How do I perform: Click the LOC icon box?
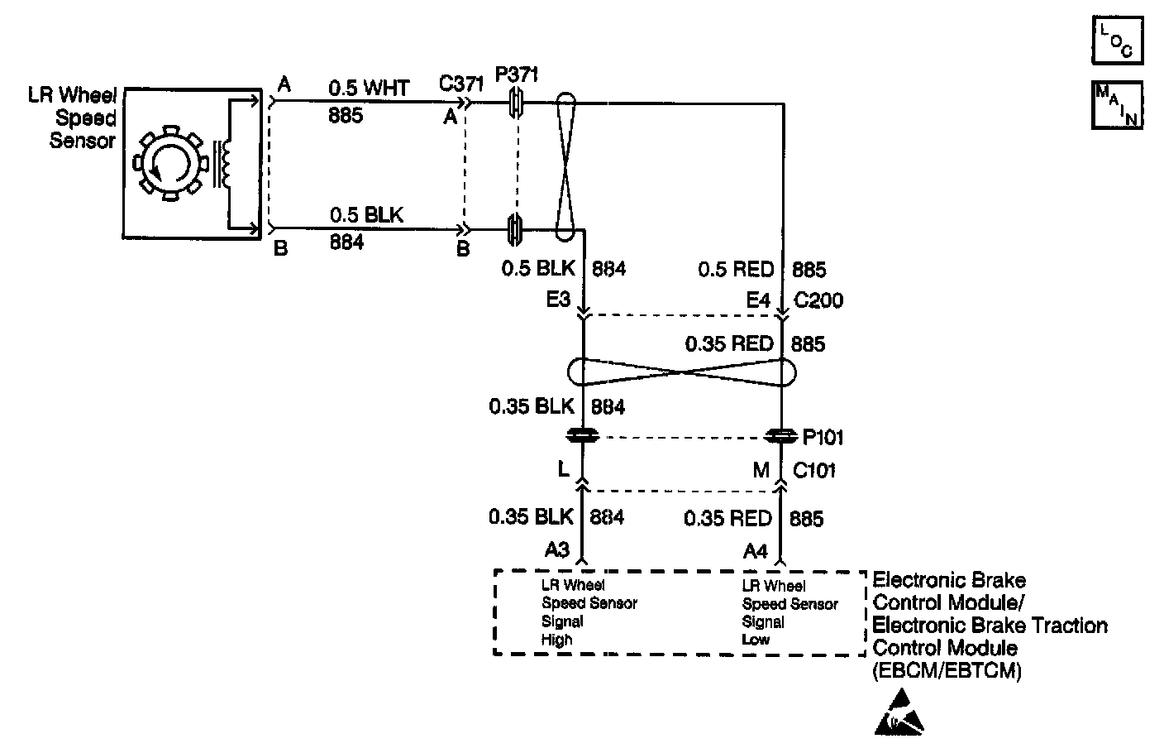coord(1117,40)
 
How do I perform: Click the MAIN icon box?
coord(1117,104)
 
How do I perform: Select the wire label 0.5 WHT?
coord(369,88)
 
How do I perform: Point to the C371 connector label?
coord(460,84)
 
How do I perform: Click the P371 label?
coord(517,75)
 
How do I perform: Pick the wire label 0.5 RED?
coord(736,270)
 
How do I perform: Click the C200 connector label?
coord(818,300)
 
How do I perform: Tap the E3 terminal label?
coord(558,300)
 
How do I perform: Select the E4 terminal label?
coord(758,300)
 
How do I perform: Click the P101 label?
coord(823,437)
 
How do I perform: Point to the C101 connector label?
coord(814,471)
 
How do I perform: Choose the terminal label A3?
coord(557,550)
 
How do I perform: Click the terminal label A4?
coord(756,550)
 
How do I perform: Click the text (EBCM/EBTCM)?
coord(947,671)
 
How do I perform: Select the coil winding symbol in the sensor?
coord(222,162)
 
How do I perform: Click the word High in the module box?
coord(556,640)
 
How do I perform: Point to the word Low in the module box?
coord(756,640)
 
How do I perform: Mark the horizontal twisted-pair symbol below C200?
coord(683,372)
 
